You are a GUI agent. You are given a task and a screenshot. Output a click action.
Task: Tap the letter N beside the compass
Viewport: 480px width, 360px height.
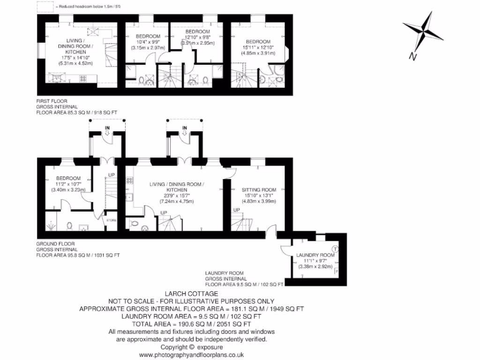click(x=412, y=57)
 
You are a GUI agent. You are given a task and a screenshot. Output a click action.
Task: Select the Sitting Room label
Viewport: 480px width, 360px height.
click(x=259, y=190)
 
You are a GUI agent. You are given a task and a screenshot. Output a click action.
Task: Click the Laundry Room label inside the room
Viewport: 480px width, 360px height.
click(x=315, y=255)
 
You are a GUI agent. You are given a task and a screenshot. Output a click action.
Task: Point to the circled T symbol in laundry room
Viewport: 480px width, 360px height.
click(x=335, y=248)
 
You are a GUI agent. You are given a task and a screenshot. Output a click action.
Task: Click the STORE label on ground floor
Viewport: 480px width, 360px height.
click(x=111, y=220)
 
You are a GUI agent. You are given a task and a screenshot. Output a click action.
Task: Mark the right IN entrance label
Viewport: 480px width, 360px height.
click(x=185, y=127)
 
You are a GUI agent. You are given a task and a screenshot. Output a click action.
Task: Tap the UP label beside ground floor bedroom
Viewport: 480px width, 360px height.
click(x=111, y=175)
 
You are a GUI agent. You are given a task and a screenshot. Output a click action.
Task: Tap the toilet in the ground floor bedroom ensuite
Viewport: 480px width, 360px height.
click(x=69, y=226)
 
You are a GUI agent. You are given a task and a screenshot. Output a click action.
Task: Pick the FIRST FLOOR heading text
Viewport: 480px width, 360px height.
click(x=52, y=101)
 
